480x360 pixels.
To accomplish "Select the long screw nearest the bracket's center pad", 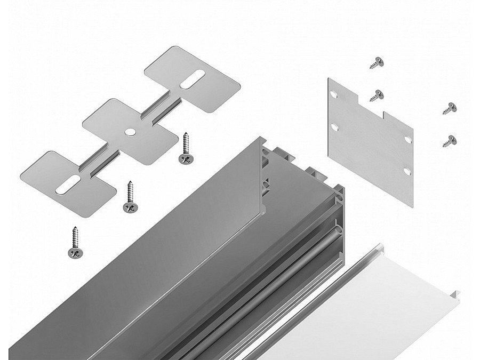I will (186, 149).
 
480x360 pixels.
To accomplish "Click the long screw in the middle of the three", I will (129, 197).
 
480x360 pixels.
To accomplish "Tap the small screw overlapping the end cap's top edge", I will (378, 95).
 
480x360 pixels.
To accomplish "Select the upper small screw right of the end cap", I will (449, 108).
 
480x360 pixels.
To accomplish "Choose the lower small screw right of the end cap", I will (450, 141).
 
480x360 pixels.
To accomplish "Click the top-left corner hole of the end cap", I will (334, 94).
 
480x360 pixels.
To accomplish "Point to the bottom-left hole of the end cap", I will (334, 127).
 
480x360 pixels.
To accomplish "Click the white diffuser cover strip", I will (373, 309).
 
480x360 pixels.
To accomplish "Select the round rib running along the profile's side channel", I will (299, 272).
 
